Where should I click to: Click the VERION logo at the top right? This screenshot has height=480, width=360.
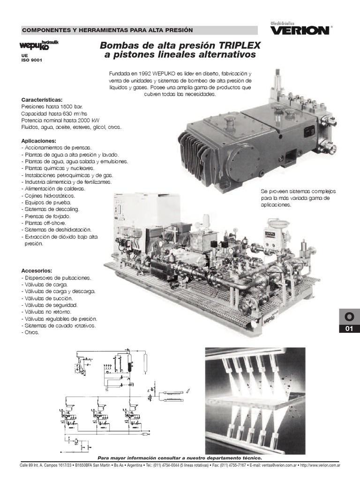coord(300,30)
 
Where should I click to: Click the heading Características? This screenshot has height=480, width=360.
coord(42,100)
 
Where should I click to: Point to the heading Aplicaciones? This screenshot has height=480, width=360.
coord(39,141)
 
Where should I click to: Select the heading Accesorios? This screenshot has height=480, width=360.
coord(37,270)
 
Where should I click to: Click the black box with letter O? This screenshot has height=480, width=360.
coord(348,318)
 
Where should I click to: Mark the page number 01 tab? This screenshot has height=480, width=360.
coord(348,329)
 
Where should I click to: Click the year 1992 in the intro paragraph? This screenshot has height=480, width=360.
coord(149,74)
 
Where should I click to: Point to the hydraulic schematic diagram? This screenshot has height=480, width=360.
coord(105,398)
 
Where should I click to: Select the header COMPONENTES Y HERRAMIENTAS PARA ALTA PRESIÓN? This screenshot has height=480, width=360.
coord(101,30)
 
